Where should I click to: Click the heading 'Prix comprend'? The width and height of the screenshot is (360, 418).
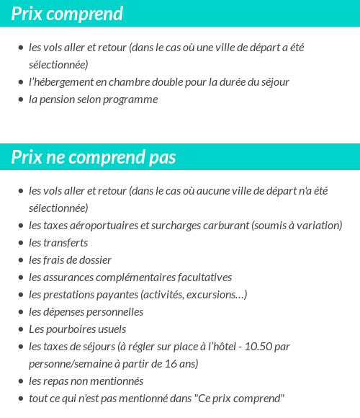click(x=67, y=14)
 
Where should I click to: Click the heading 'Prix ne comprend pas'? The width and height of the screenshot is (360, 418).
click(x=94, y=157)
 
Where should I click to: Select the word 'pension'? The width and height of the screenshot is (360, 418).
click(x=55, y=99)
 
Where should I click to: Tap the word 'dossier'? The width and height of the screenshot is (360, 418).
click(x=95, y=260)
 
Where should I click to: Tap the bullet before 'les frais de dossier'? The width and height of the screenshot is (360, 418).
click(x=20, y=260)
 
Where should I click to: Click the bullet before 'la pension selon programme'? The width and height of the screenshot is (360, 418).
click(x=20, y=99)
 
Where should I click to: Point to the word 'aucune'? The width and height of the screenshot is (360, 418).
click(x=213, y=191)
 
